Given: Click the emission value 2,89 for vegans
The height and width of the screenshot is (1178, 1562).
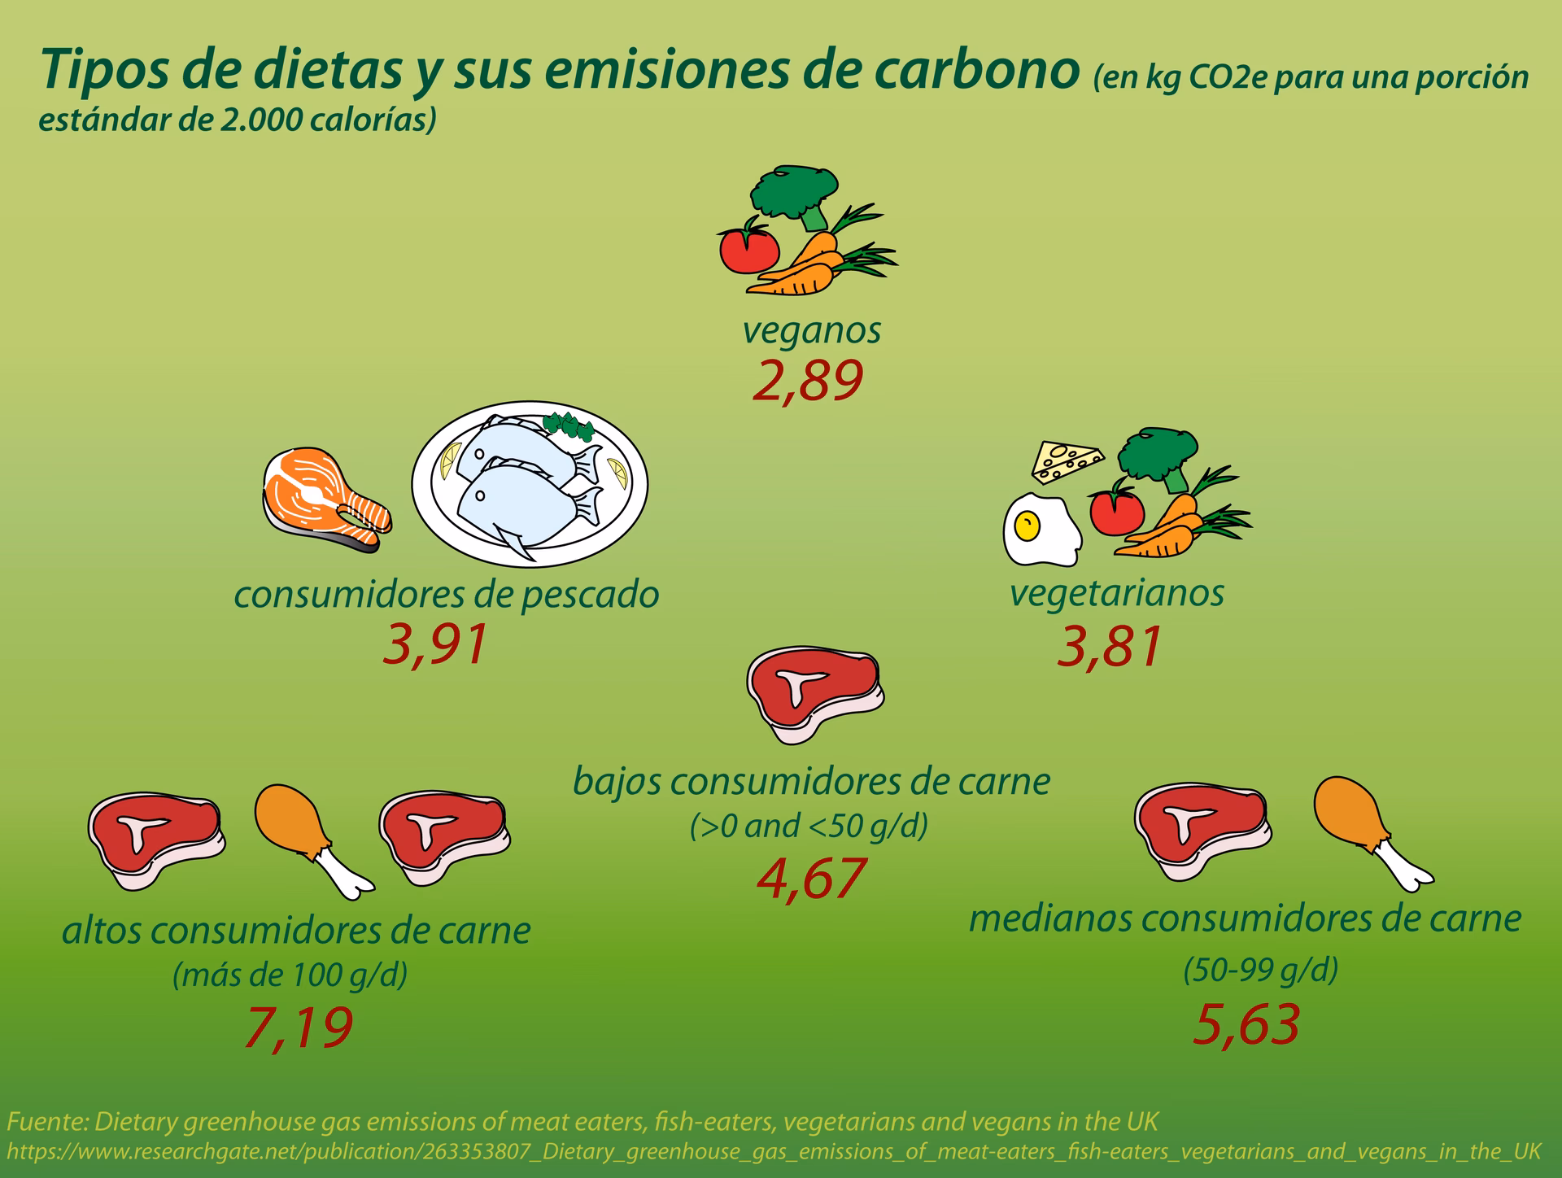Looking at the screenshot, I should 806,382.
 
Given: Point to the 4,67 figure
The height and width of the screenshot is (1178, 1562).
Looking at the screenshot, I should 809,879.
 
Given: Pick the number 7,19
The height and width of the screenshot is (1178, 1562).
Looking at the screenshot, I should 298,1027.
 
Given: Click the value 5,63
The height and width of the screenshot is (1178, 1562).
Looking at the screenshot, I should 1246,1024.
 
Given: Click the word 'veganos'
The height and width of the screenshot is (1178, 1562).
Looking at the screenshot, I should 812,331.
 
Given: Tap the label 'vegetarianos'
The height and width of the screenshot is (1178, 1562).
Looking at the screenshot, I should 1116,592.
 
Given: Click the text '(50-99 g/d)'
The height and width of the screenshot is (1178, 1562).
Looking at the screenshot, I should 1259,970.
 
